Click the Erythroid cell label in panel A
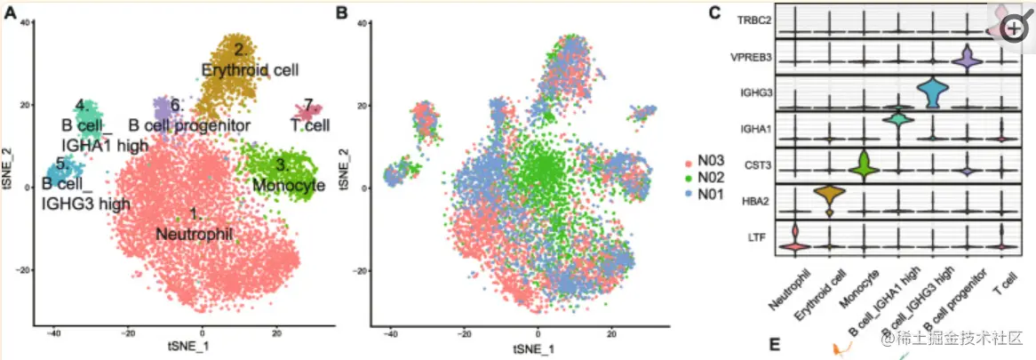250,68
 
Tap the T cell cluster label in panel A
310,124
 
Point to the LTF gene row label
758,236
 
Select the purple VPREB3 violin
967,59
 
